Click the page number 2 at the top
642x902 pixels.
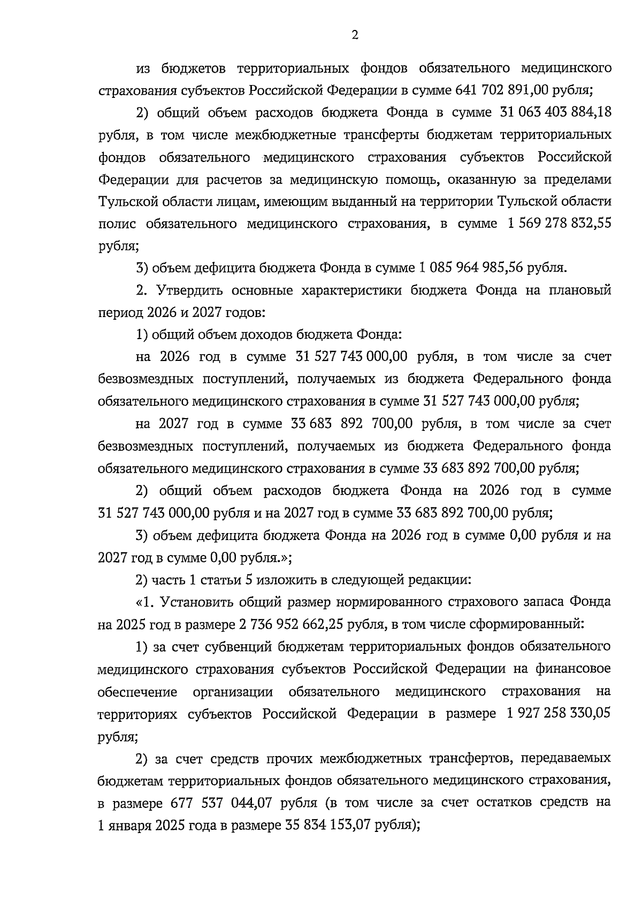pyautogui.click(x=354, y=36)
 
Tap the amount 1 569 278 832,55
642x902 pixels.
pyautogui.click(x=557, y=223)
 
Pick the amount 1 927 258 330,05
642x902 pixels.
pyautogui.click(x=556, y=714)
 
